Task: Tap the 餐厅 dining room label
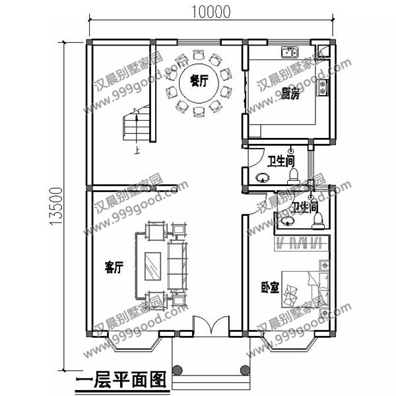(x=199, y=81)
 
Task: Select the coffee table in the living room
(x=152, y=267)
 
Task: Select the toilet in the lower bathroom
(x=317, y=218)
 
